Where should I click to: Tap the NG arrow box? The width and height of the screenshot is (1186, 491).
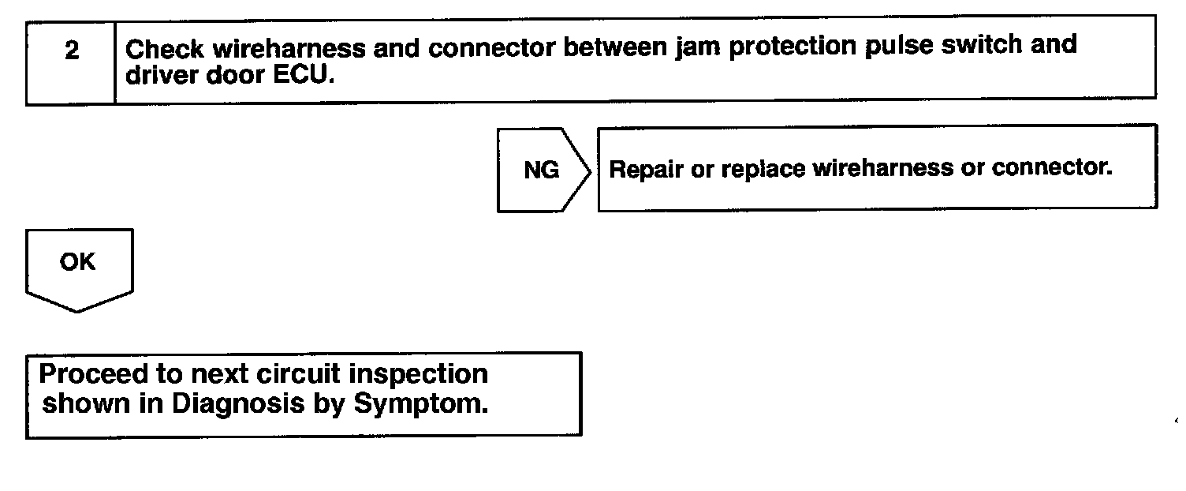point(542,170)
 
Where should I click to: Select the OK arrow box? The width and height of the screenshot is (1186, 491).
point(78,264)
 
